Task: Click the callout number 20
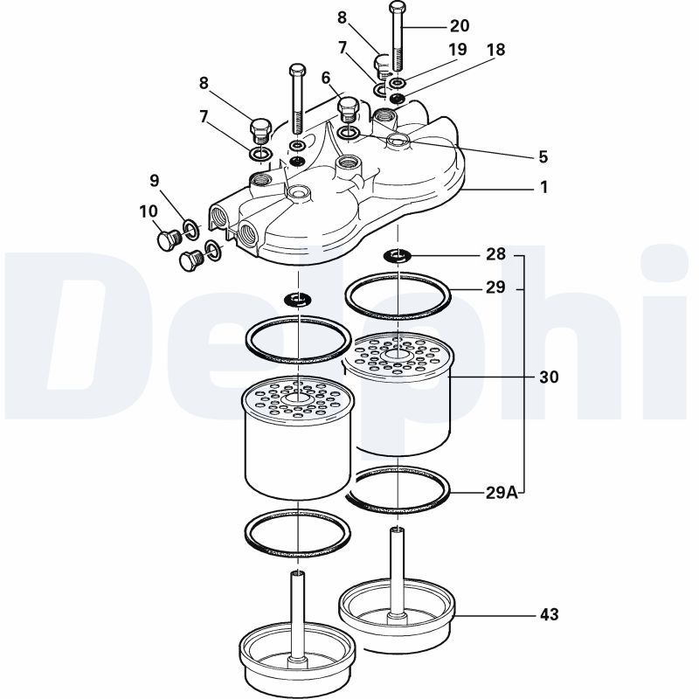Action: [460, 26]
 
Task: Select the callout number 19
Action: [457, 50]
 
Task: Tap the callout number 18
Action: [496, 50]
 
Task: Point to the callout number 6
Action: [326, 78]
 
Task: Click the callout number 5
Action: [543, 157]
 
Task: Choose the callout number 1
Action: [543, 187]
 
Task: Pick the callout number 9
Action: [155, 181]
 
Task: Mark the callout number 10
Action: [149, 211]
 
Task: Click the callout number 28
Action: [495, 254]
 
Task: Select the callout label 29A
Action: [502, 493]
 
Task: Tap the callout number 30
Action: [549, 377]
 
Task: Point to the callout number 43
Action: [549, 615]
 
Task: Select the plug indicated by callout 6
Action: [348, 109]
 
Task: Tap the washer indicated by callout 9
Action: [191, 229]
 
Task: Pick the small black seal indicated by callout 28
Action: [397, 255]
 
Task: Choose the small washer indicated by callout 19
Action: [397, 82]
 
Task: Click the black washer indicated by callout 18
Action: [397, 97]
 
